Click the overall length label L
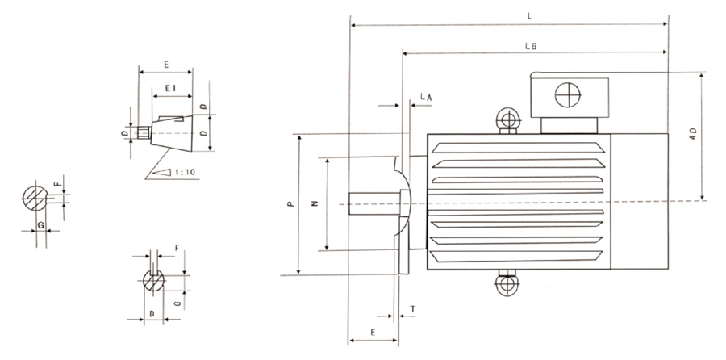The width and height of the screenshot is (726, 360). [528, 15]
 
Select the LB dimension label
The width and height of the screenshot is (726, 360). [530, 47]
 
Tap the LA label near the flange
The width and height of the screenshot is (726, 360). [428, 97]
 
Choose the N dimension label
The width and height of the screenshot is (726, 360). [316, 203]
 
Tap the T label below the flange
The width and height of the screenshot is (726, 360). [413, 309]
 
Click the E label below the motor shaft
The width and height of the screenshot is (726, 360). [372, 332]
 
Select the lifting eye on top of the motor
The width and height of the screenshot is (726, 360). [507, 120]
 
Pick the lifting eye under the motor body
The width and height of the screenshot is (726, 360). [507, 284]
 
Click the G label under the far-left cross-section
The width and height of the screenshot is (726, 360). [40, 224]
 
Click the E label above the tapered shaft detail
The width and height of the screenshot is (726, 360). [165, 62]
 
